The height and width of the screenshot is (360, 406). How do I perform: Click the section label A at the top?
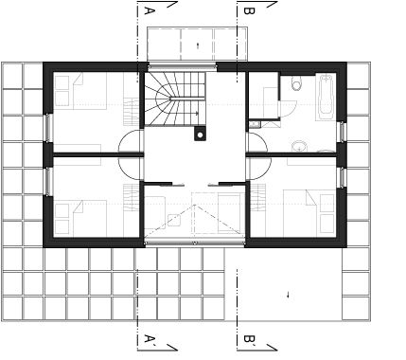point(150,10)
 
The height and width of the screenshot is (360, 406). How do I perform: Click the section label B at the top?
point(249,10)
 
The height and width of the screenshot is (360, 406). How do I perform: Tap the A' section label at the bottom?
point(150,339)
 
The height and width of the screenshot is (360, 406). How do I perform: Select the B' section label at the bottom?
point(249,339)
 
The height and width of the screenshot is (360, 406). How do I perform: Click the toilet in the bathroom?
point(297,83)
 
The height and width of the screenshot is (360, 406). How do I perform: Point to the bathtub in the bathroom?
point(326,97)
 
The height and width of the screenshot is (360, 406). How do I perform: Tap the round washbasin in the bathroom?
point(299,146)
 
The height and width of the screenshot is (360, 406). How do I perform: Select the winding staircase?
point(174,99)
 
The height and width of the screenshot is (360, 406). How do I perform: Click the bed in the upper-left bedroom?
point(80,91)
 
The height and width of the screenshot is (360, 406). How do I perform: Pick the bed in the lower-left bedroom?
point(80,218)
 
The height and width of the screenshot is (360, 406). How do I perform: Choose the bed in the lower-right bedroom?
point(309,213)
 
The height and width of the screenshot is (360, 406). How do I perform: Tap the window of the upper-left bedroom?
point(48,128)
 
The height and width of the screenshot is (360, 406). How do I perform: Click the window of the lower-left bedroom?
point(48,182)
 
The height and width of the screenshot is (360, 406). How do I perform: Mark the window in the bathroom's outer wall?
point(342,132)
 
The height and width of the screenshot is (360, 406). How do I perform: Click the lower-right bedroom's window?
point(342,177)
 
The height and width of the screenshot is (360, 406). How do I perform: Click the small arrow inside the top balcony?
point(198,45)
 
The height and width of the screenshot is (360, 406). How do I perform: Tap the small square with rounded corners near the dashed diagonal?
point(174,220)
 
